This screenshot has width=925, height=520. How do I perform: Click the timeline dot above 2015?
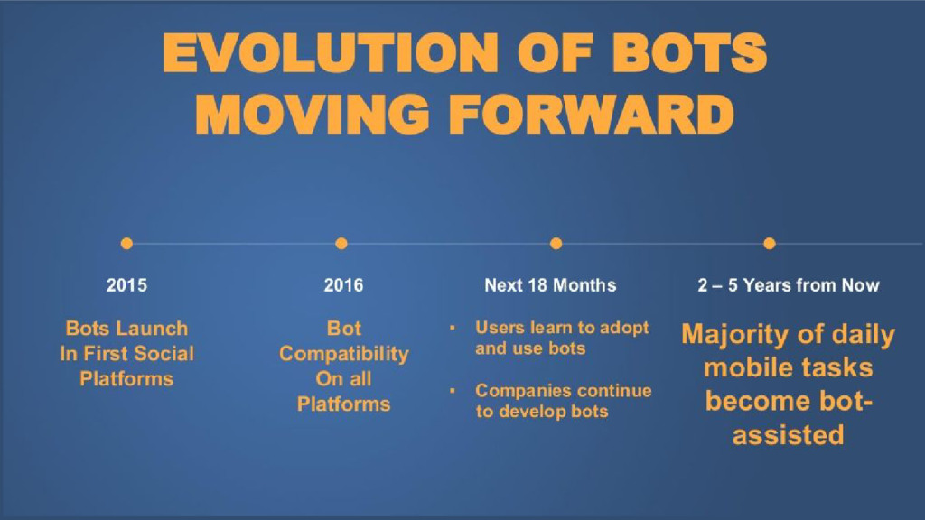126,244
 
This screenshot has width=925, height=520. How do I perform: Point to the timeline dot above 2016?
341,244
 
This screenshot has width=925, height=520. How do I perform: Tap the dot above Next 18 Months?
556,244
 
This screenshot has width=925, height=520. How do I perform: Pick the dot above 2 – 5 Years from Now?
770,244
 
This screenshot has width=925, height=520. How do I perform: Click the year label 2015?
126,285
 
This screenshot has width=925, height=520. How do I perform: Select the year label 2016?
343,285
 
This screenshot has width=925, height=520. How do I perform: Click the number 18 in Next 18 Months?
538,285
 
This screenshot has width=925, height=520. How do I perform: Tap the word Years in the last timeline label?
767,285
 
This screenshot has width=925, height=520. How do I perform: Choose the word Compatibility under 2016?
344,354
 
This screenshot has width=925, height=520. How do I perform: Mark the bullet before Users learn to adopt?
453,327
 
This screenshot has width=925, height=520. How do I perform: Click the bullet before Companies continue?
453,390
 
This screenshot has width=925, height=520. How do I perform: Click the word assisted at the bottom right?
788,435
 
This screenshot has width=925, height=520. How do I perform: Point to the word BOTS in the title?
689,53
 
